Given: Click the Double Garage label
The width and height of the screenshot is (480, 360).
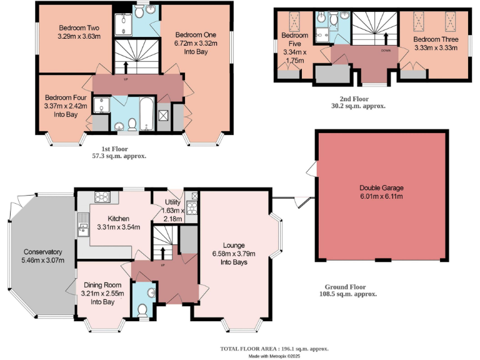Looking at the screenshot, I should point(381,192).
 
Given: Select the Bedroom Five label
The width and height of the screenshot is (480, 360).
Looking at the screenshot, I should point(294,44).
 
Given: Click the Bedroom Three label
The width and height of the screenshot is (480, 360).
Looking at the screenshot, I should point(435,43).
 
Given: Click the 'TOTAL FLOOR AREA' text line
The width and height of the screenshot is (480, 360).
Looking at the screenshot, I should point(274,348).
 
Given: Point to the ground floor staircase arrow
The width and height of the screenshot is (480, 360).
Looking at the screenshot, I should point(164,253).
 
